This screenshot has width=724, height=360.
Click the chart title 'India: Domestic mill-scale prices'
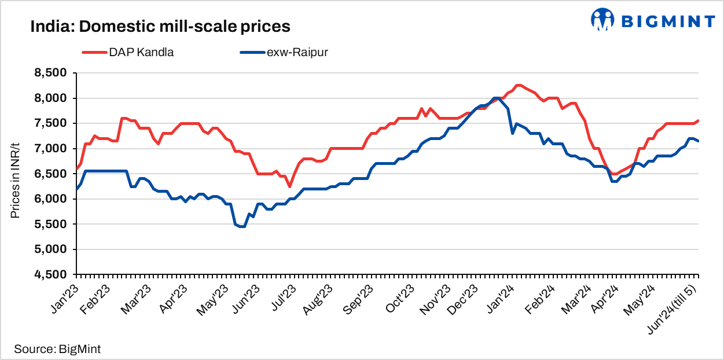tap(160, 27)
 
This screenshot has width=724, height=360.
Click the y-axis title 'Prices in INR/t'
tap(16, 174)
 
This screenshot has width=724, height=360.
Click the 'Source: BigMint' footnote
tap(57, 349)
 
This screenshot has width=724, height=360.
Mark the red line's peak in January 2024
tap(519, 85)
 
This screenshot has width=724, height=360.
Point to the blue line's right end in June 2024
tap(698, 141)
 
